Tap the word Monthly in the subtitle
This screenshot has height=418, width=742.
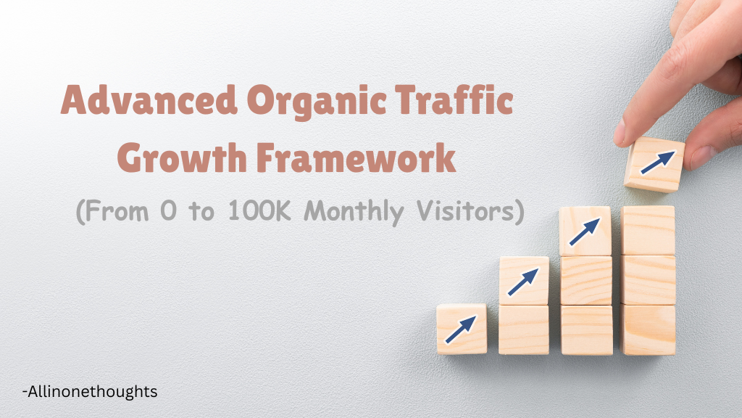(354, 212)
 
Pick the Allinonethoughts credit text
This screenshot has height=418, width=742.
(90, 392)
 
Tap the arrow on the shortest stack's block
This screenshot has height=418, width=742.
(462, 328)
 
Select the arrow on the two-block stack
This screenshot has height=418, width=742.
(523, 280)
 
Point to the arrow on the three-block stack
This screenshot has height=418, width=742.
(584, 230)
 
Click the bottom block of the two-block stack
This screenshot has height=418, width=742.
(523, 329)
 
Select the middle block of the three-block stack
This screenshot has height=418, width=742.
(585, 280)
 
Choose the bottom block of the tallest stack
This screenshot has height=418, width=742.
(648, 329)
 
